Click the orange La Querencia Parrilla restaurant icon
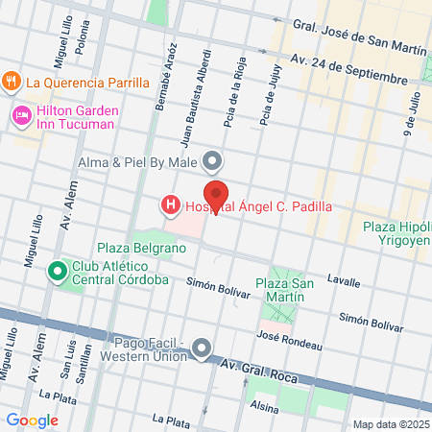coord(12,81)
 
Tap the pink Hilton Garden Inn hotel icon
coord(19,116)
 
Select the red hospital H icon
coord(170,204)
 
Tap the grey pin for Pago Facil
coord(202,348)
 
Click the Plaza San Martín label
coord(280,290)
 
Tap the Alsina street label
coord(263,405)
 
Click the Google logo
coord(33,420)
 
